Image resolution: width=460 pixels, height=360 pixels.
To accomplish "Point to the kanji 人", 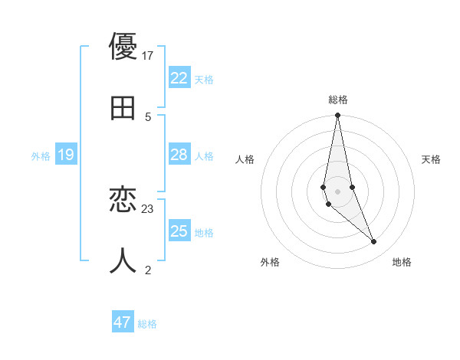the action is [123, 260].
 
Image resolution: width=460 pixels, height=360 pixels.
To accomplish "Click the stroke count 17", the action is [148, 56].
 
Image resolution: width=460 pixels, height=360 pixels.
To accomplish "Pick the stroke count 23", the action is [148, 208].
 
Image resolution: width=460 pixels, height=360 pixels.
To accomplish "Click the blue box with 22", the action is [179, 78].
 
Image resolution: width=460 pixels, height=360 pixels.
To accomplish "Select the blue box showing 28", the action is [179, 155].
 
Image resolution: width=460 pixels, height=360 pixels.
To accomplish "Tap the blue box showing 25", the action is [179, 231].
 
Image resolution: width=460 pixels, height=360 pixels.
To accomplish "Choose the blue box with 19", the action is [66, 155].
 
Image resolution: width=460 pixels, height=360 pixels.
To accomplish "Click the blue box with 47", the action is [123, 322].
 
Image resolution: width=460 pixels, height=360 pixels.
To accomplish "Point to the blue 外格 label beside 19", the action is [41, 156].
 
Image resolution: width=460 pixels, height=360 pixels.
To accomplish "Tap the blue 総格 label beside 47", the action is [147, 324].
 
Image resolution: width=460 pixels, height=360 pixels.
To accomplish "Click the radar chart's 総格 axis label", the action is [338, 100].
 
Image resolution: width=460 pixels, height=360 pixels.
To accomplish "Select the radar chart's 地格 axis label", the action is [402, 262].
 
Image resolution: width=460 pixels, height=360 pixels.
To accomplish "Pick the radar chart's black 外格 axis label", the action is [270, 262].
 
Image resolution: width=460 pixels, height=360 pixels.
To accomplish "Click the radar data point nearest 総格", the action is [337, 116].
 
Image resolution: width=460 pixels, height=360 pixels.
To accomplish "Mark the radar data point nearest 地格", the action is [374, 242].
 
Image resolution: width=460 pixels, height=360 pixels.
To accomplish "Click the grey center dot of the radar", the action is [337, 191].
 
